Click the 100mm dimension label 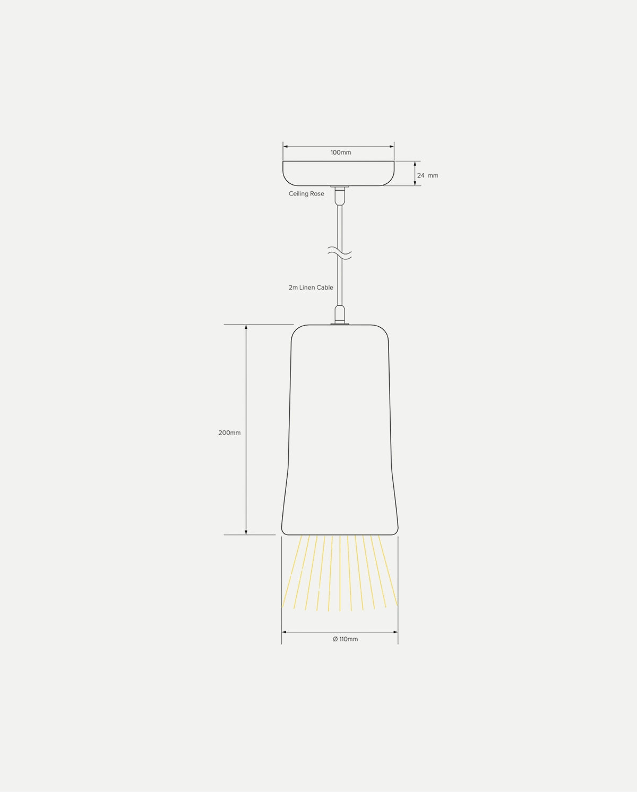341,152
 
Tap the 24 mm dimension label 427,175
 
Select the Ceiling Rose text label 306,194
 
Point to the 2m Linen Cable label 311,287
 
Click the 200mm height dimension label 229,433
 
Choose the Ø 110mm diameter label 345,639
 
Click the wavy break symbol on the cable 340,253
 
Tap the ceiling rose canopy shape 339,173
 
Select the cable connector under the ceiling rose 339,195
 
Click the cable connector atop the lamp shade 339,314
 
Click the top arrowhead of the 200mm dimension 246,328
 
